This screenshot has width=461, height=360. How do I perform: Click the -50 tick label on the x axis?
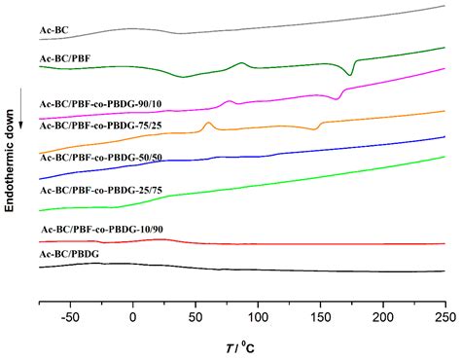69,316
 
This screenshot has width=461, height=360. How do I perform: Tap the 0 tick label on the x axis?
132,316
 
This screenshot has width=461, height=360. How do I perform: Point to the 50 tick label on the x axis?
195,316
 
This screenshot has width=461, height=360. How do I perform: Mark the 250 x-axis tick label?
444,316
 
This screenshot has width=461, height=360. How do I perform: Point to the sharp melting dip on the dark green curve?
351,74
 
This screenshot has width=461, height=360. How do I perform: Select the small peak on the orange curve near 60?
208,125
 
